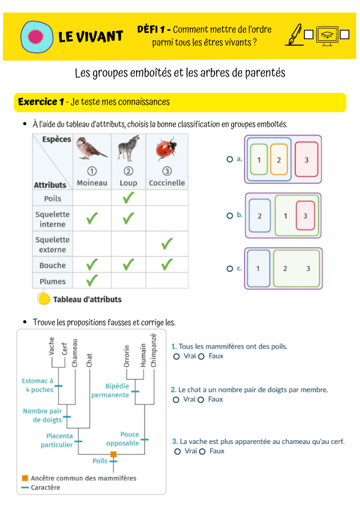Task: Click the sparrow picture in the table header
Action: pyautogui.click(x=91, y=148)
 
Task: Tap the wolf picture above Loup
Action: pyautogui.click(x=129, y=148)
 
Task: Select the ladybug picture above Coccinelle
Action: pyautogui.click(x=166, y=149)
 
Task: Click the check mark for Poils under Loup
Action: pyautogui.click(x=129, y=198)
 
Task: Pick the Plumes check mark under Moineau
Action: pyautogui.click(x=92, y=280)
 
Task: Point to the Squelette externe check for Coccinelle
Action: pyautogui.click(x=167, y=244)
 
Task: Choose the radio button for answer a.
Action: pyautogui.click(x=230, y=159)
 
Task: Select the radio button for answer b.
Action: pyautogui.click(x=230, y=216)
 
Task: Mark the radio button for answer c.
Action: pyautogui.click(x=230, y=268)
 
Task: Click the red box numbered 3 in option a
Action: pyautogui.click(x=306, y=159)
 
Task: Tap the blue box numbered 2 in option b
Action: pyautogui.click(x=260, y=216)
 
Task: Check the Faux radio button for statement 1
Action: pyautogui.click(x=201, y=356)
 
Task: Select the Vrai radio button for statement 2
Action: pyautogui.click(x=176, y=400)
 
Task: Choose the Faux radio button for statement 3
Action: pyautogui.click(x=202, y=451)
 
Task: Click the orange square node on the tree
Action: pyautogui.click(x=113, y=454)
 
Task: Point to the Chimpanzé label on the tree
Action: pyautogui.click(x=153, y=350)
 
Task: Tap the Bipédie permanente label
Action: pyautogui.click(x=110, y=391)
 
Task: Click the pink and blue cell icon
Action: pyautogui.click(x=37, y=36)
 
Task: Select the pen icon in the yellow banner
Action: pyautogui.click(x=294, y=35)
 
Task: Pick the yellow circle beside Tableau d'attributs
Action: pyautogui.click(x=43, y=299)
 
